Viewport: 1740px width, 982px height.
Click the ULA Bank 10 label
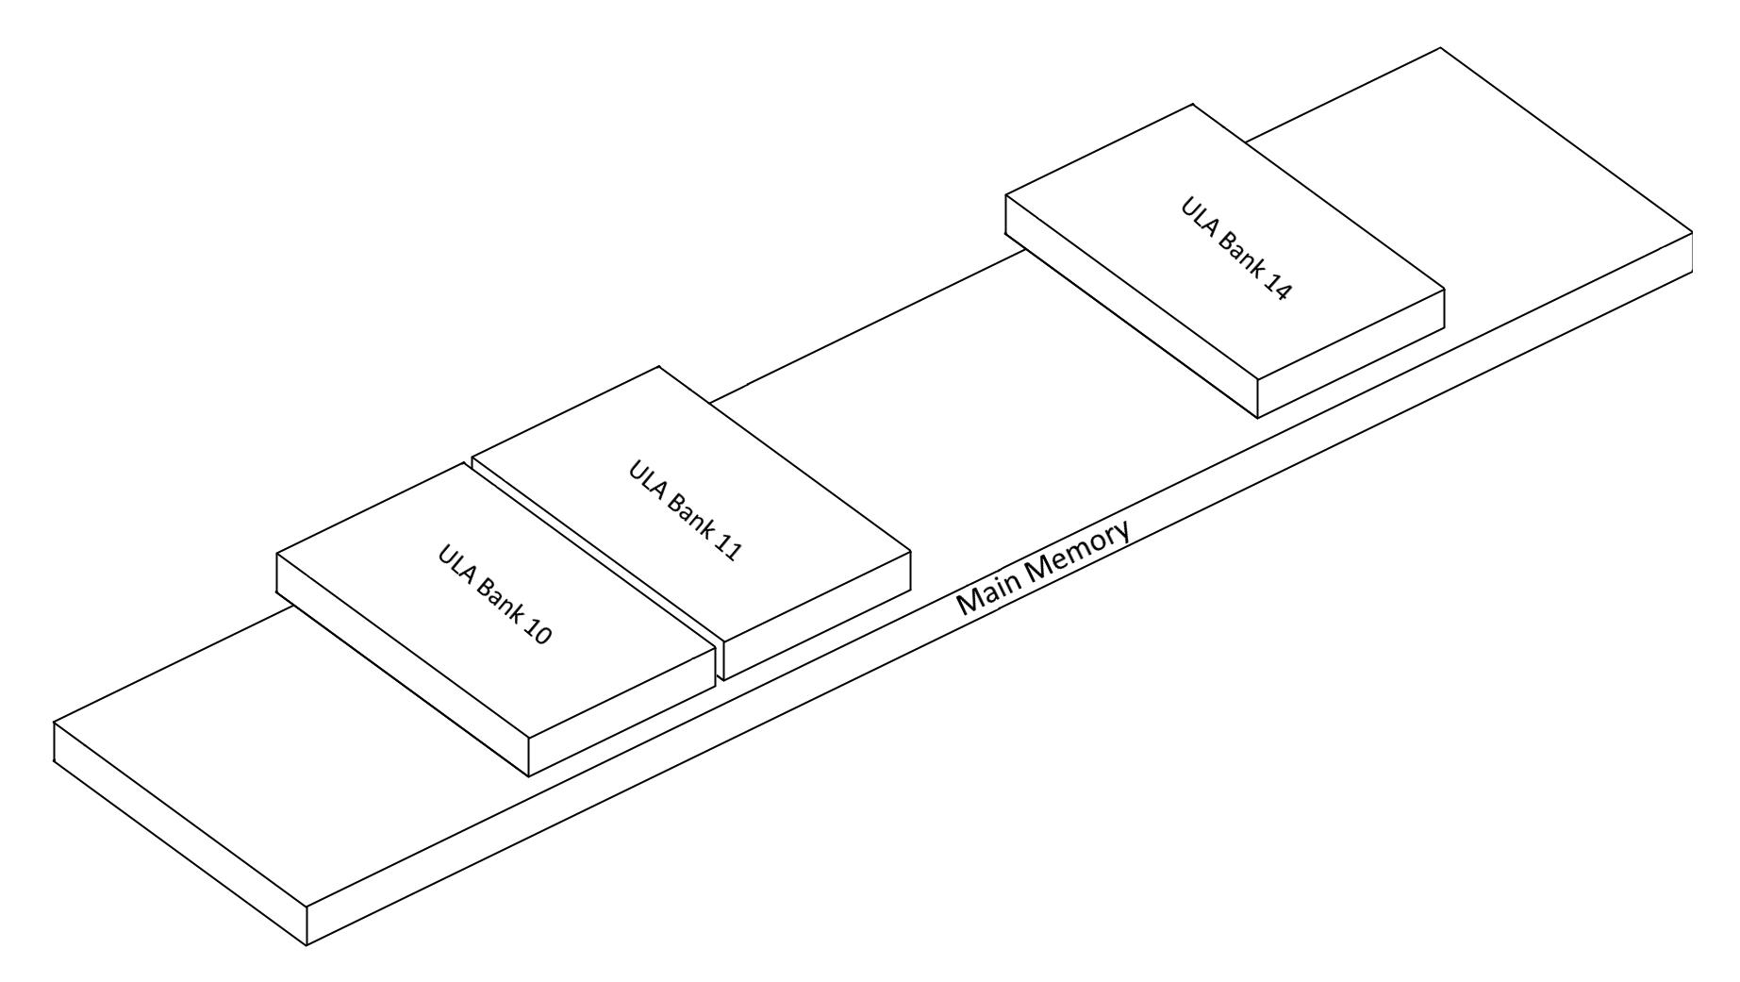[x=494, y=594]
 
